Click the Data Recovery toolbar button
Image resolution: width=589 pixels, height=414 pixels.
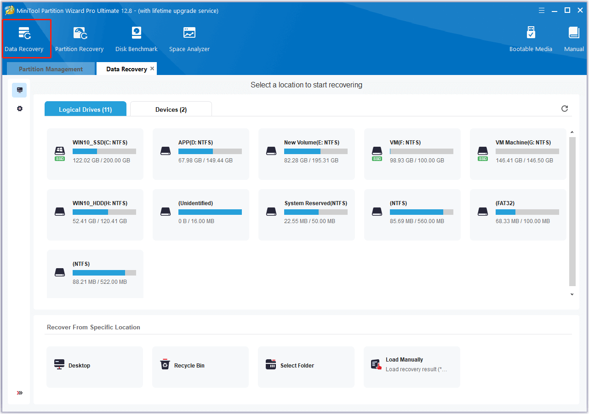[24, 39]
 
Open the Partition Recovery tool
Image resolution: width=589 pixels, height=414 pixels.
[79, 39]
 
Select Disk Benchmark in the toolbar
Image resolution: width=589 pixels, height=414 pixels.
[136, 39]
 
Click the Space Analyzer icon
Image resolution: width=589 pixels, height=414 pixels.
[189, 33]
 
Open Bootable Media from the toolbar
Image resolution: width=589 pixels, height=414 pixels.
[531, 39]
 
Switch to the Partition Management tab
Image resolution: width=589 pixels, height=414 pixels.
[51, 69]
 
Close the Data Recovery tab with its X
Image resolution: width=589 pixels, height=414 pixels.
[152, 69]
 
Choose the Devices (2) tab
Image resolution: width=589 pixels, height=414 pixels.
[171, 109]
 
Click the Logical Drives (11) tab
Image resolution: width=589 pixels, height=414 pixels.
[85, 109]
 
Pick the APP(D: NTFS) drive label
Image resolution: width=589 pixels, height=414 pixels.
[195, 143]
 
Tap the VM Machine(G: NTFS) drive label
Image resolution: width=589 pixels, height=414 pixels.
[523, 143]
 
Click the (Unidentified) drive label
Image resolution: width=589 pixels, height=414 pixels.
[195, 203]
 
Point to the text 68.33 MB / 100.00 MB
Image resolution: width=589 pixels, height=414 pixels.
[522, 221]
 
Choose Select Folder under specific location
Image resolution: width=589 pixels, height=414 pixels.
[297, 366]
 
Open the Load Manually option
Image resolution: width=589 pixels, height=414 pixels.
[404, 360]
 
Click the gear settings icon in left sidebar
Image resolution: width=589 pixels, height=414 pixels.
[20, 109]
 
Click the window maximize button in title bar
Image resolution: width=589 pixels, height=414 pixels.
[567, 10]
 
